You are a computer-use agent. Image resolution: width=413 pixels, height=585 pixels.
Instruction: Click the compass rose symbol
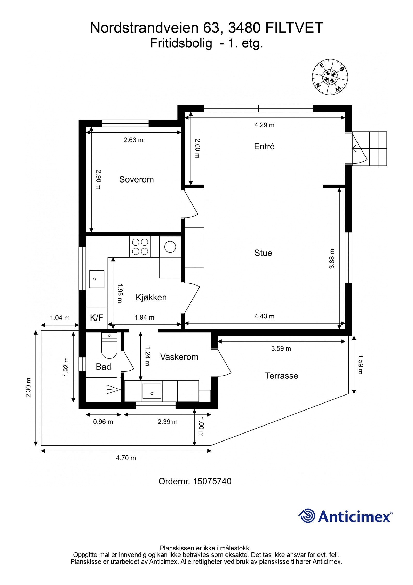(x=330, y=77)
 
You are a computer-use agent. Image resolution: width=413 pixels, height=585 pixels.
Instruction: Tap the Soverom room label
(x=136, y=179)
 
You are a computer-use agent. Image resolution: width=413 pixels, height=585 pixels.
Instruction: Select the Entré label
(x=264, y=146)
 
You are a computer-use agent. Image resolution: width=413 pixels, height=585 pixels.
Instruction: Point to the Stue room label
(x=263, y=253)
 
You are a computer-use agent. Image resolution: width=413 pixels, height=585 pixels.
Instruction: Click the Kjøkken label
(x=151, y=297)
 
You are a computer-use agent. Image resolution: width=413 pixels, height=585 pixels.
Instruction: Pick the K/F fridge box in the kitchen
(x=97, y=318)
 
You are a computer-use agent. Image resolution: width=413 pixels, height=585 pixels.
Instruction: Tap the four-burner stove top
(x=140, y=247)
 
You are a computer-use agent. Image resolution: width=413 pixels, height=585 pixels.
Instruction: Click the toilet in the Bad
(x=109, y=345)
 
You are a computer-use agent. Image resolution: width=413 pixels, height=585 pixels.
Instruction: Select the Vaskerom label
(x=179, y=357)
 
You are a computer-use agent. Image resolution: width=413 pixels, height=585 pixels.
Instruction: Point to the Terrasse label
(x=282, y=376)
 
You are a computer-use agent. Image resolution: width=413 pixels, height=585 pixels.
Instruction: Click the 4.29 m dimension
(x=264, y=125)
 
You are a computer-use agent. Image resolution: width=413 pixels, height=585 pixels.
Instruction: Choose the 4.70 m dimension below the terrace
(x=126, y=458)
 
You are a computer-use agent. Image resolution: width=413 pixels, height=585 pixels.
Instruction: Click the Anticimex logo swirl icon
(x=307, y=516)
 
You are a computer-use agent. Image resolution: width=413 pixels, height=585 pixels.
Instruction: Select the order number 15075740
(x=212, y=481)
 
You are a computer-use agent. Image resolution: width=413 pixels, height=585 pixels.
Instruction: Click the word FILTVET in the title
(x=294, y=28)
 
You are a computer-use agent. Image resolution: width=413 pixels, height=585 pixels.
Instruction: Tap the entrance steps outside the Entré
(x=370, y=148)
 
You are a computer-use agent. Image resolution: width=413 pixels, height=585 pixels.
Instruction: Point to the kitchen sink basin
(x=97, y=279)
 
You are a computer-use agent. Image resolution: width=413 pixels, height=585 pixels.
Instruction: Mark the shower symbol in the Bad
(x=114, y=389)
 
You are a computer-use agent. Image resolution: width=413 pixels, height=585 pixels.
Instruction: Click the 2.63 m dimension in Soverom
(x=133, y=140)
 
